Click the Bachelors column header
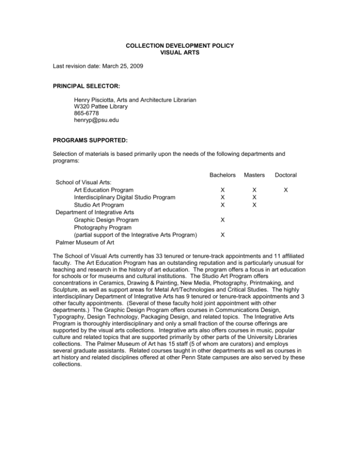point(222,175)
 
